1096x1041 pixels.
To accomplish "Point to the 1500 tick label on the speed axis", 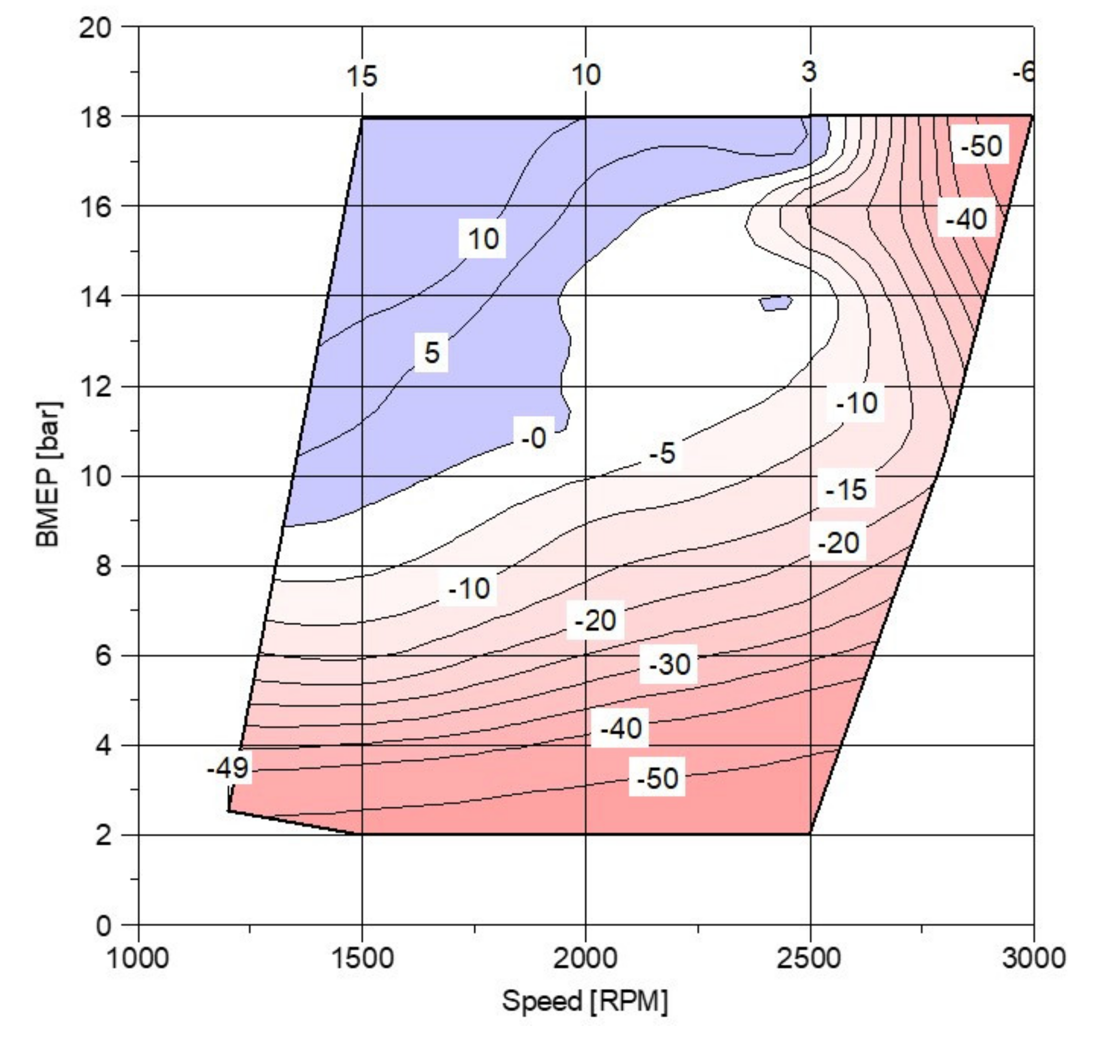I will [x=362, y=958].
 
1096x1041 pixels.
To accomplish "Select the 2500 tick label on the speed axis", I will [x=809, y=958].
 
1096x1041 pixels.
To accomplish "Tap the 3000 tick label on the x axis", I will [x=1033, y=958].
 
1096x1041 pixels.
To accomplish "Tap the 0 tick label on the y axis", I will [x=103, y=926].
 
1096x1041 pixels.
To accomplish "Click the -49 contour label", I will [x=228, y=769].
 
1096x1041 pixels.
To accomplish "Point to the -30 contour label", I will [x=670, y=664].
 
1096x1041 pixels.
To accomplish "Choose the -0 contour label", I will [x=533, y=438].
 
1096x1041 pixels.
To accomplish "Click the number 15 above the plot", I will [x=362, y=76].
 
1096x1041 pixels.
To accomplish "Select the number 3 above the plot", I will [x=809, y=72].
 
